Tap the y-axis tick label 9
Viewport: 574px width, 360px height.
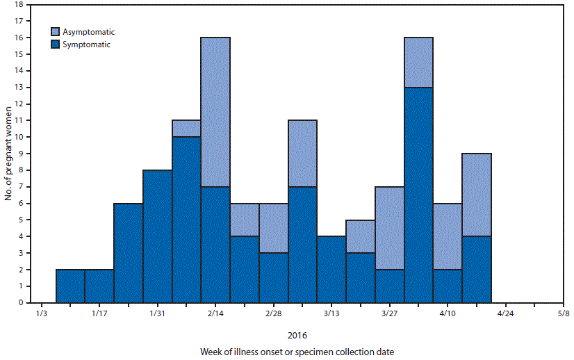(21, 154)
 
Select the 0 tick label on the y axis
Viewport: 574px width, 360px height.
(21, 303)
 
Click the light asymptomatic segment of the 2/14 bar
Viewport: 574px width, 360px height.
(215, 111)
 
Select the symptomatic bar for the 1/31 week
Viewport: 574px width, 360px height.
(158, 236)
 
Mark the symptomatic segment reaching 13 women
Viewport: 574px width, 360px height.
(418, 195)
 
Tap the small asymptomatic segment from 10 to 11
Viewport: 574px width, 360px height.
(187, 129)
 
